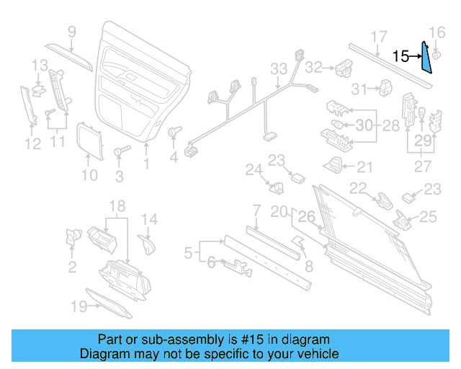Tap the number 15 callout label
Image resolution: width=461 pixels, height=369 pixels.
coord(400,55)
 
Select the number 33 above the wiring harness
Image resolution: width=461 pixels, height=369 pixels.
coord(279,69)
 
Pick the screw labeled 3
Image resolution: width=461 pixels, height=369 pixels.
coord(120,154)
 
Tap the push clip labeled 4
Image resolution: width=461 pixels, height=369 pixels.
coord(173,133)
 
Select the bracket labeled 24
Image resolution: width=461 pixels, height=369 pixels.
coord(276,187)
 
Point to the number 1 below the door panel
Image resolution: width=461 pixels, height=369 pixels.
coord(146,164)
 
